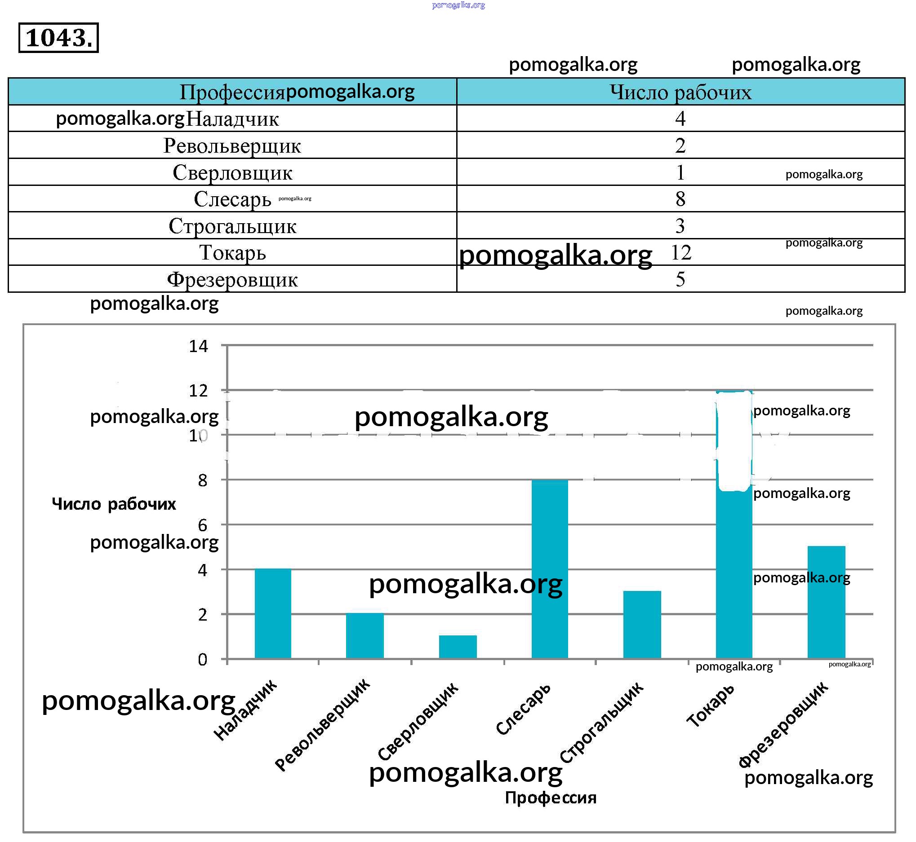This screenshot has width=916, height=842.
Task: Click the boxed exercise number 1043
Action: pos(58,38)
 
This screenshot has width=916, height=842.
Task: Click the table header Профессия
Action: pos(231,92)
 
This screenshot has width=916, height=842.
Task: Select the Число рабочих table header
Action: pos(680,92)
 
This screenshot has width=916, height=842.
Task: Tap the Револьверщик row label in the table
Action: pos(232,146)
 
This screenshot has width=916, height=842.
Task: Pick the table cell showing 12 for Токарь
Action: pos(681,252)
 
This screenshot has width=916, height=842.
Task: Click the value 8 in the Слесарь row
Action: pos(680,199)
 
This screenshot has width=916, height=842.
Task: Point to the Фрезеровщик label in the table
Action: pos(232,279)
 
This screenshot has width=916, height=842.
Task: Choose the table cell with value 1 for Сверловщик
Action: pos(680,173)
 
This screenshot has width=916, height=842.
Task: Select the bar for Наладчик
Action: pos(273,613)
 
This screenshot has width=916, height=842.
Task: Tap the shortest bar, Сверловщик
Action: pos(457,647)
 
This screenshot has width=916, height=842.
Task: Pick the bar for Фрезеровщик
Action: pos(826,602)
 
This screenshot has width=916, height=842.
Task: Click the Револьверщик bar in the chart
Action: pos(365,635)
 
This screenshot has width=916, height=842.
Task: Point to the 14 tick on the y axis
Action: pos(198,347)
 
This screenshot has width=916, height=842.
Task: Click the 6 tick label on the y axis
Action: pos(202,525)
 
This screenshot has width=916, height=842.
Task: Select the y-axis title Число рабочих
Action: pos(114,504)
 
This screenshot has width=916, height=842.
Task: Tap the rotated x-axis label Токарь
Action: pos(710,705)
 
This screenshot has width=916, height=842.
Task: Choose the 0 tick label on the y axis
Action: pos(202,659)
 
